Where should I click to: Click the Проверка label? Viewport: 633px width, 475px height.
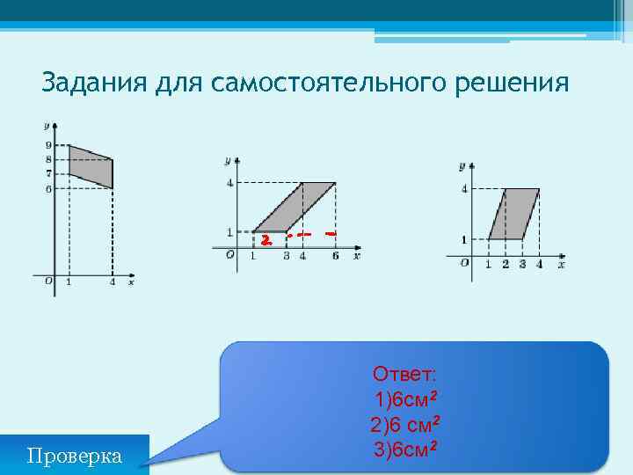coord(75,456)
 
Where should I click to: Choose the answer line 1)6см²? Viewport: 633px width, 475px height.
coord(404,399)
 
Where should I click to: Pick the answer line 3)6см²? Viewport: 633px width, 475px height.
coord(404,450)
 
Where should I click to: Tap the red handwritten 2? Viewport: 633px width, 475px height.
coord(265,238)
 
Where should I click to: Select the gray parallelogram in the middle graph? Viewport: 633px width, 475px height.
coord(295,208)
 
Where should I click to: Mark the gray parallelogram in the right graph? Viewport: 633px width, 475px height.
coord(514,214)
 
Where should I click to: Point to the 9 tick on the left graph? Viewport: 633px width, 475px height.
coord(47,145)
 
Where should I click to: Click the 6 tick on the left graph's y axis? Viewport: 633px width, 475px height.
coord(47,188)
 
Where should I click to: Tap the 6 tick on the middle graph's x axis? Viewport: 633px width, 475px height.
coord(335,256)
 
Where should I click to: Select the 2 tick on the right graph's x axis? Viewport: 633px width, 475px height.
coord(505,264)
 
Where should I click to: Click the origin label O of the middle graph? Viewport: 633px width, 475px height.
coord(229,255)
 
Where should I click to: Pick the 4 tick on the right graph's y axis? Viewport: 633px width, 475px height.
coord(463,188)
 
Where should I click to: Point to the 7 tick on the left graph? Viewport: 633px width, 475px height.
coord(47,174)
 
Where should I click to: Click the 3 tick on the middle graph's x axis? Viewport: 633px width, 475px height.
coord(286,256)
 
